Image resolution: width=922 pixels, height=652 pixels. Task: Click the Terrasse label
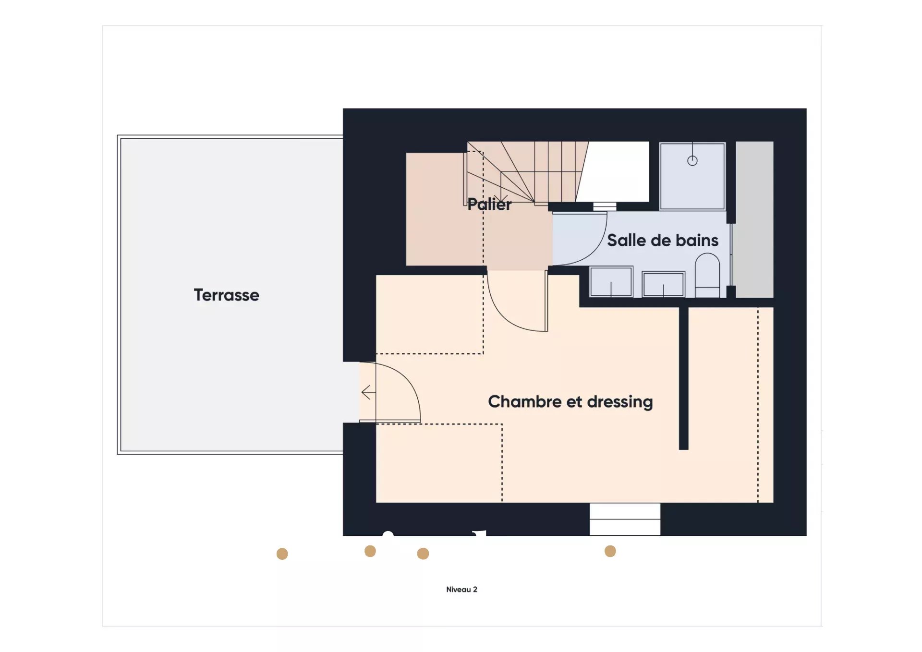click(226, 295)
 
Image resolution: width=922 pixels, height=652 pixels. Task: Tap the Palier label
click(489, 205)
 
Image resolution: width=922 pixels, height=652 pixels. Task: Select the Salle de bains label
click(663, 240)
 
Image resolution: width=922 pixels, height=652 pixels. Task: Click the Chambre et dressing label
click(570, 402)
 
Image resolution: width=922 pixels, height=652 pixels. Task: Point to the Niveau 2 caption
click(461, 590)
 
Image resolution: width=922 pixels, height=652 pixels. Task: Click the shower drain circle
click(692, 161)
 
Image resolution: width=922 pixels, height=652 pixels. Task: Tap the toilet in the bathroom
click(707, 276)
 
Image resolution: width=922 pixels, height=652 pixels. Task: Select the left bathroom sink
click(611, 282)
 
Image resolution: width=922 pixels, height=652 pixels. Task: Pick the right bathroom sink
click(663, 284)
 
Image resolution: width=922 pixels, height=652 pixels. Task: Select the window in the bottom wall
click(625, 519)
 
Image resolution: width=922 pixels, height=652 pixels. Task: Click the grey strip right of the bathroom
click(754, 219)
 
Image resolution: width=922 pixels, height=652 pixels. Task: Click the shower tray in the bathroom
click(692, 176)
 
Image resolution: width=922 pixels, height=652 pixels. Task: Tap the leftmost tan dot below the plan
click(282, 554)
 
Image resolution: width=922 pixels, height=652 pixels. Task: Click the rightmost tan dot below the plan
click(610, 551)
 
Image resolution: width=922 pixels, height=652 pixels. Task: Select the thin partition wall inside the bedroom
click(683, 378)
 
